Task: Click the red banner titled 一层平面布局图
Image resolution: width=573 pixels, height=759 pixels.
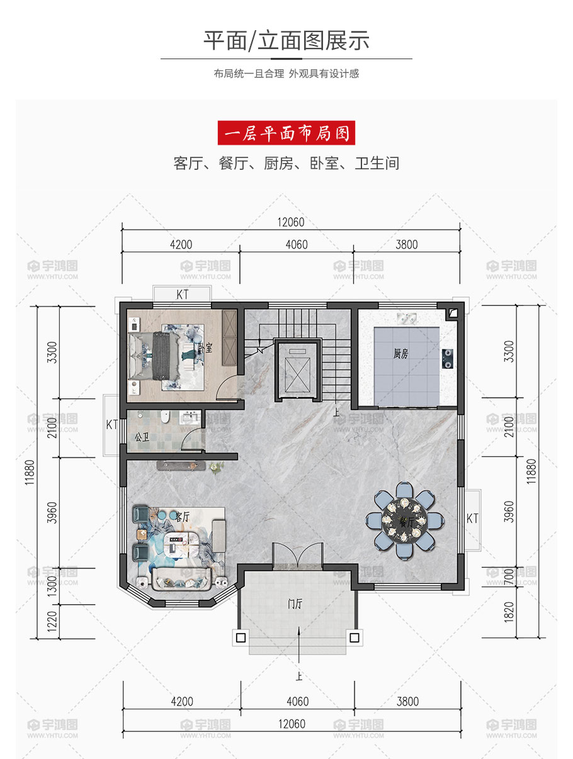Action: click(x=286, y=132)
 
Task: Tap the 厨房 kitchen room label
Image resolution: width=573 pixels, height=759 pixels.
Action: click(x=401, y=354)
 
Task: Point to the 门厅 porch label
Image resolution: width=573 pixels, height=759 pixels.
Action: click(x=295, y=604)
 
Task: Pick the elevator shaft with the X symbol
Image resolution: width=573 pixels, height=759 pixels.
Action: click(x=297, y=371)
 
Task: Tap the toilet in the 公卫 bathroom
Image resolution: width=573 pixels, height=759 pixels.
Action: click(x=165, y=417)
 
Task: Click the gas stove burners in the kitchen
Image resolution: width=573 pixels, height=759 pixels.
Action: click(x=448, y=359)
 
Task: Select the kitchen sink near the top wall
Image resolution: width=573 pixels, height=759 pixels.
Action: click(x=407, y=318)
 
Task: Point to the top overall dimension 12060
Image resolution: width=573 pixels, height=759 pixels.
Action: click(x=291, y=222)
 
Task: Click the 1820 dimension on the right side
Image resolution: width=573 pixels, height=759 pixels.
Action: click(x=509, y=612)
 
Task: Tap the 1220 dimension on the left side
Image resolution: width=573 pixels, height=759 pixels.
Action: click(x=52, y=621)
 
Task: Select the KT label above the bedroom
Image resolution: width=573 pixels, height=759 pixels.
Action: click(x=182, y=295)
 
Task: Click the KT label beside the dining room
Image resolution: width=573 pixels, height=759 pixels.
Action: click(x=472, y=519)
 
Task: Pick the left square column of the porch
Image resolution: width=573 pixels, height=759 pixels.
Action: click(x=241, y=638)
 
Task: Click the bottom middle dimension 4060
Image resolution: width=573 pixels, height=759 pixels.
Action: click(x=297, y=701)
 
